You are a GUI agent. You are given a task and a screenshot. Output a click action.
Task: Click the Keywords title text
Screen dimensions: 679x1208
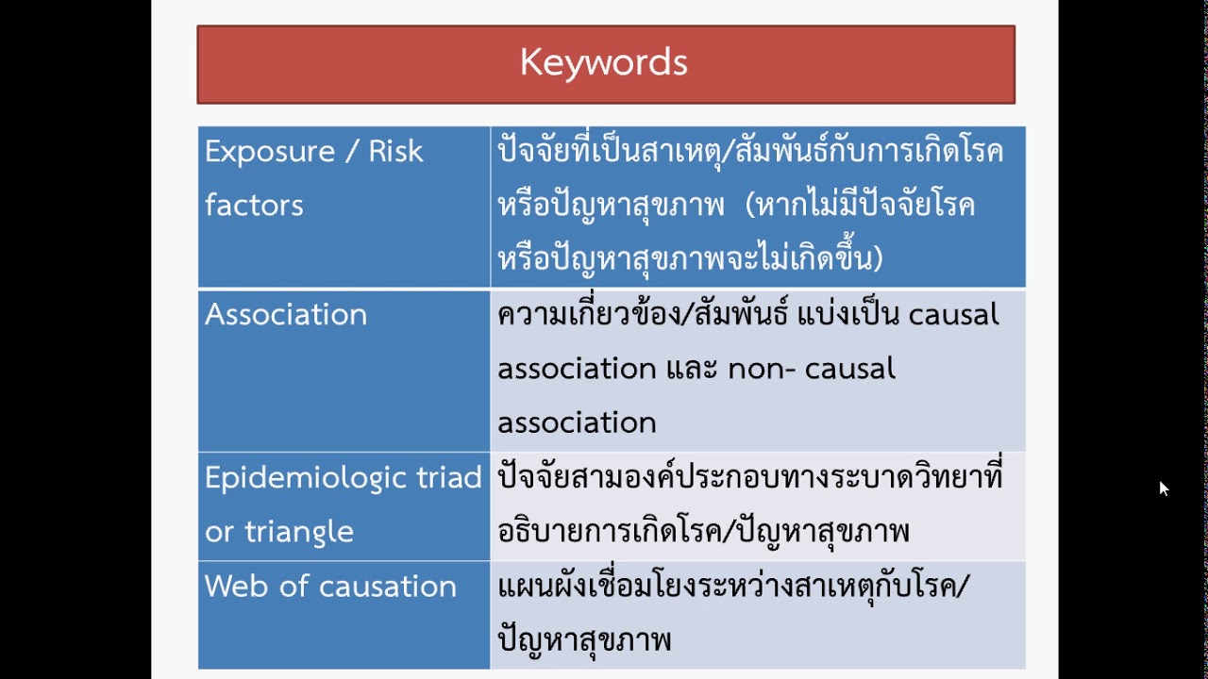(604, 63)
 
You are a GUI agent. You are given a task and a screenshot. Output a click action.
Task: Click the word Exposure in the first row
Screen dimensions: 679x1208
(270, 152)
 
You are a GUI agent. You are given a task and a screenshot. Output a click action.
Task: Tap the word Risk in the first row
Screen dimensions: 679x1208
(395, 152)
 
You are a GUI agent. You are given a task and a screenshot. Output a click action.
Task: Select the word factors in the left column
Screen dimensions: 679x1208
(254, 206)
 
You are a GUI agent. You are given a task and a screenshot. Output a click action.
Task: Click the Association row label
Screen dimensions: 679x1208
(286, 315)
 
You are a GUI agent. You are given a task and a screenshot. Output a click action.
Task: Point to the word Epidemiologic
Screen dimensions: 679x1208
(308, 478)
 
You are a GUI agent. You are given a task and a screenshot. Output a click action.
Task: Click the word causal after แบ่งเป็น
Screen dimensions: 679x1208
(953, 315)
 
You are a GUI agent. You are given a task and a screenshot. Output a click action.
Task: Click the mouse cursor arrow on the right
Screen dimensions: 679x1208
(1164, 488)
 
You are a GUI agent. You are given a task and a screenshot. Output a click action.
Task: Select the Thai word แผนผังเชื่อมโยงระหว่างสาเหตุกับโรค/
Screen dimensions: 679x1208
(733, 587)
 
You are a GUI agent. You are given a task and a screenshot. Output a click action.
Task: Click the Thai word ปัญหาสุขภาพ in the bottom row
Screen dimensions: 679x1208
(584, 640)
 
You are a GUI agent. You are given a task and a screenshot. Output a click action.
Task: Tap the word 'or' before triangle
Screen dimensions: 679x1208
(219, 532)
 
